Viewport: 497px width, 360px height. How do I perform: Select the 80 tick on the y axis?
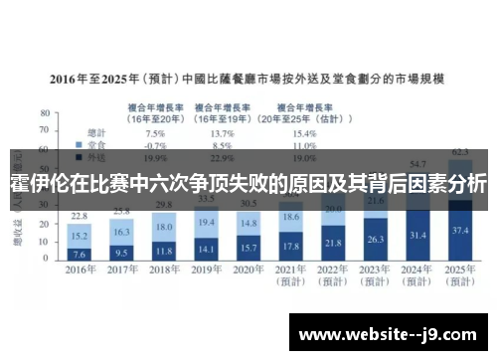(x=43, y=112)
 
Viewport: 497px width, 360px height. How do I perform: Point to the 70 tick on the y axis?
(x=43, y=130)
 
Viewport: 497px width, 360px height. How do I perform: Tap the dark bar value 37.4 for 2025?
(x=460, y=230)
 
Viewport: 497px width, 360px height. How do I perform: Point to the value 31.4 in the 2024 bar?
(x=418, y=235)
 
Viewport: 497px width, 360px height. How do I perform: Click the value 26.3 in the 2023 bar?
(x=376, y=239)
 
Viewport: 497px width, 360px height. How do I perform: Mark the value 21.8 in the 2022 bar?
(x=334, y=243)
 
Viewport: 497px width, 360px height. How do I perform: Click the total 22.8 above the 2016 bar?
(x=81, y=216)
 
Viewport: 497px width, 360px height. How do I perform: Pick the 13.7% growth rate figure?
(x=223, y=132)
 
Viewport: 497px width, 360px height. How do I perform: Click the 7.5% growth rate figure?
(x=155, y=132)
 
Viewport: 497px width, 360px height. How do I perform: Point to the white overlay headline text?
(x=248, y=185)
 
